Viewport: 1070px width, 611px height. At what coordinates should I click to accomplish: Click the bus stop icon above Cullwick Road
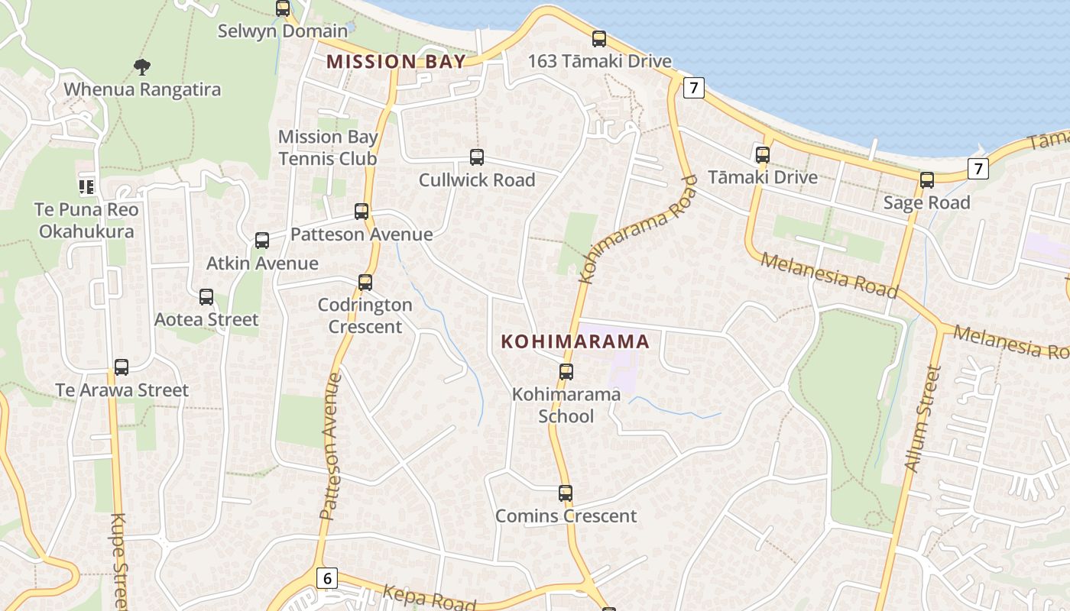coord(477,157)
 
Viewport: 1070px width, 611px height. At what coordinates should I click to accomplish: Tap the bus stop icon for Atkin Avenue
coord(262,241)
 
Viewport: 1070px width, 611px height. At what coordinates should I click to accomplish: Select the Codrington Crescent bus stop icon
coord(365,283)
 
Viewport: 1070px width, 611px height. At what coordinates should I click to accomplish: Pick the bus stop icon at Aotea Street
coord(206,297)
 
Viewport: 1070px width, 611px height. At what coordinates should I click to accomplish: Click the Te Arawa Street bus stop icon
coord(122,367)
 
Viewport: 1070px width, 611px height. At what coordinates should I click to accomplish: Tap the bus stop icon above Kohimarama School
coord(566,372)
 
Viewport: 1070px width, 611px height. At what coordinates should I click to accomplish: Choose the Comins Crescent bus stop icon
coord(566,493)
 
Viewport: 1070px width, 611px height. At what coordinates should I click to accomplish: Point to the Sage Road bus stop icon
coord(927,180)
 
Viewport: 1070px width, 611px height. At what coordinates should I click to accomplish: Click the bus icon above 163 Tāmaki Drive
coord(599,39)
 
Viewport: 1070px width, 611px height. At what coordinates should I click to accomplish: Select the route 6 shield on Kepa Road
coord(327,578)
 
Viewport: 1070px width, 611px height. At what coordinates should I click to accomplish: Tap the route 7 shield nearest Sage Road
coord(978,168)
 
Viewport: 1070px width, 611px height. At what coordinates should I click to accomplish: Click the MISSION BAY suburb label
coord(396,62)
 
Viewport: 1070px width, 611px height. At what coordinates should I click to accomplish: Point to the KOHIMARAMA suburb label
coord(575,341)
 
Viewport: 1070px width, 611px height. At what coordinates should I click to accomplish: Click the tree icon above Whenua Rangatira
coord(141,67)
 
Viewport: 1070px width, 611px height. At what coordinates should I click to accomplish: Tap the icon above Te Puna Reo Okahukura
coord(86,186)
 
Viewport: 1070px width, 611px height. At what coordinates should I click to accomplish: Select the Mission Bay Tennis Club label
coord(328,147)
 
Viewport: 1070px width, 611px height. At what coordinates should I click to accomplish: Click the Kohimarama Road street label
coord(638,228)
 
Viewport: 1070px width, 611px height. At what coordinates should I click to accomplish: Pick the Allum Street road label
coord(922,419)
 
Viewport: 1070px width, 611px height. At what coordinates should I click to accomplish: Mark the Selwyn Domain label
coord(282,31)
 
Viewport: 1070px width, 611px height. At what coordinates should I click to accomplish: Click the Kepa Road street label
coord(428,596)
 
